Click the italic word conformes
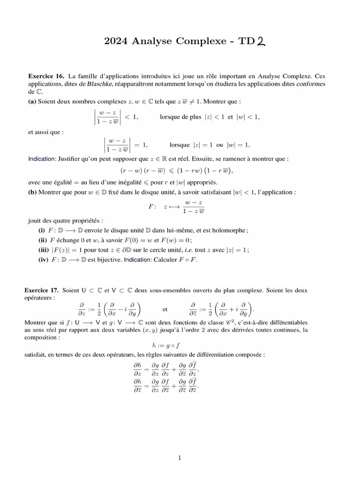(x=311, y=84)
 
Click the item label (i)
(x=42, y=230)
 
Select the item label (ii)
(x=43, y=240)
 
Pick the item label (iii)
(x=44, y=250)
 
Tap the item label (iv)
(x=43, y=260)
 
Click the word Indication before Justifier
(x=42, y=159)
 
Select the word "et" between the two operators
(x=165, y=309)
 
